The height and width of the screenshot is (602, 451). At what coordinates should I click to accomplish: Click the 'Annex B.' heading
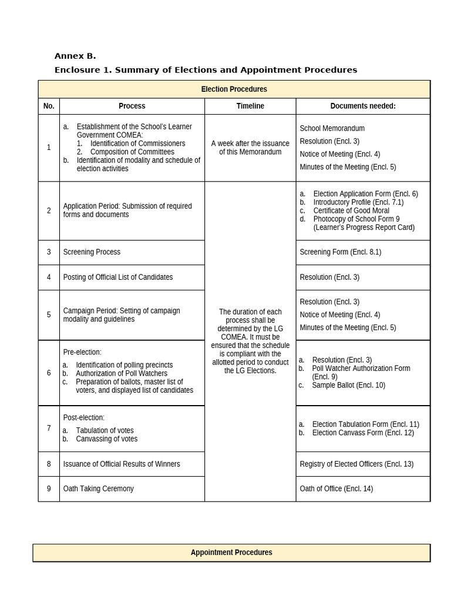[75, 56]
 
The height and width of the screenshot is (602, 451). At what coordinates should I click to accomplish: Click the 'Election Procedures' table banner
[234, 89]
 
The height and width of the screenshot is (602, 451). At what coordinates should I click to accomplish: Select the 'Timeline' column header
[250, 106]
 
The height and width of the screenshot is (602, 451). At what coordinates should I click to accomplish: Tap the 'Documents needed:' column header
[362, 106]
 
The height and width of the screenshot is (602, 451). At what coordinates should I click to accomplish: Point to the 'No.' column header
[49, 106]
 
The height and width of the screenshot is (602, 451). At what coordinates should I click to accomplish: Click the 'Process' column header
[132, 106]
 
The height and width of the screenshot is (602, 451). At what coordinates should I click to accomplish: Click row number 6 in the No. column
[49, 373]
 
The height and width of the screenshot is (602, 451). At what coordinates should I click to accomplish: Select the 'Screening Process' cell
[92, 252]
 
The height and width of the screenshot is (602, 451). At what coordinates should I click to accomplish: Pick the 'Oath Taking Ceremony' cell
[98, 489]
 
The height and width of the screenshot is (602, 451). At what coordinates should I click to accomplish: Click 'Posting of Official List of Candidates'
[118, 277]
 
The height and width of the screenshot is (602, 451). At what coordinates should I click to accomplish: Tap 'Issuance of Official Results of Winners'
[122, 464]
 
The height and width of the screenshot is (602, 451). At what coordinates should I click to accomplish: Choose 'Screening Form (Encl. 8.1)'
[340, 252]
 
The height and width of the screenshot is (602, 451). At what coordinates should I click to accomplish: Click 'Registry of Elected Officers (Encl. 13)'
[356, 464]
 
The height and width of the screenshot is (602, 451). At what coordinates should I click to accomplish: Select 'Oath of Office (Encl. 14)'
[336, 489]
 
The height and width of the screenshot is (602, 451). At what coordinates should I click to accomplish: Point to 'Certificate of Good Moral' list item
[351, 210]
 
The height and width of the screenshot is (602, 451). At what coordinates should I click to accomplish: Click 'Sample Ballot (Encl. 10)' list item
[348, 385]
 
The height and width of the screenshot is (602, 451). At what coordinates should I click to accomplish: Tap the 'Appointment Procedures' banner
[231, 553]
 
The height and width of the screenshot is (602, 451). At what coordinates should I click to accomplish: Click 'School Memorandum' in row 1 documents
[332, 128]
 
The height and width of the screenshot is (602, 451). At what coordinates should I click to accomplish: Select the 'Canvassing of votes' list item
[106, 439]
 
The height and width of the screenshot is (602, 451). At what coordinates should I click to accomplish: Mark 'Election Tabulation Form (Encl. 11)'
[365, 424]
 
